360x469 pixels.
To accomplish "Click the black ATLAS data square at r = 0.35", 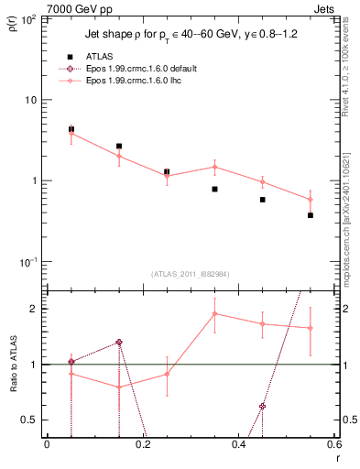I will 214,189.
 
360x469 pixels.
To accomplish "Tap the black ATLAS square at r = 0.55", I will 311,215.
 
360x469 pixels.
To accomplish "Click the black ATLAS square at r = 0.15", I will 119,146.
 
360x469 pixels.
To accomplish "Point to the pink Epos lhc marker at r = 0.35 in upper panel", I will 214,167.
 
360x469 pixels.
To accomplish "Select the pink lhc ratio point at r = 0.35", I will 214,313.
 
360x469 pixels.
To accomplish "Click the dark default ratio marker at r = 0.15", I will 119,342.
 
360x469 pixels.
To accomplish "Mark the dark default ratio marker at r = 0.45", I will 263,406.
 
